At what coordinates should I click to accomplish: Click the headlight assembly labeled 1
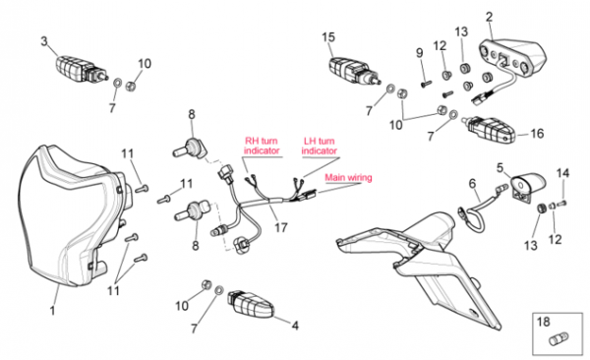click(x=72, y=216)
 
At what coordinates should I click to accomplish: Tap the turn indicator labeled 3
click(x=81, y=70)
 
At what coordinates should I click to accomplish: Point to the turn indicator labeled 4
click(x=250, y=304)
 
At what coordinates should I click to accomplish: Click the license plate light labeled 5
click(x=527, y=188)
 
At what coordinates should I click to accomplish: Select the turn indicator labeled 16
click(x=489, y=130)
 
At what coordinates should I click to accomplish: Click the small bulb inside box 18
click(x=557, y=339)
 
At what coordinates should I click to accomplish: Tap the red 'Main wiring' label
click(x=348, y=177)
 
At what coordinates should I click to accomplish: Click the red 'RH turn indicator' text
click(x=262, y=146)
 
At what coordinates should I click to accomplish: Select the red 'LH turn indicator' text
click(x=319, y=146)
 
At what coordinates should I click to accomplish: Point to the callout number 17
click(x=281, y=227)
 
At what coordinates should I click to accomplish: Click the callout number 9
click(x=420, y=53)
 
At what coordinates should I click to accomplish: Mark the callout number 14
click(x=562, y=173)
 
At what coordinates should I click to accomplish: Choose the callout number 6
click(x=472, y=183)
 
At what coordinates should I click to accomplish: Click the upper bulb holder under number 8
click(x=191, y=149)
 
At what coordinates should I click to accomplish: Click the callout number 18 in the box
click(x=544, y=322)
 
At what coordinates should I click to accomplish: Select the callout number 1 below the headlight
click(x=53, y=311)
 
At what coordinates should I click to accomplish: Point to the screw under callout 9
click(x=427, y=84)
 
